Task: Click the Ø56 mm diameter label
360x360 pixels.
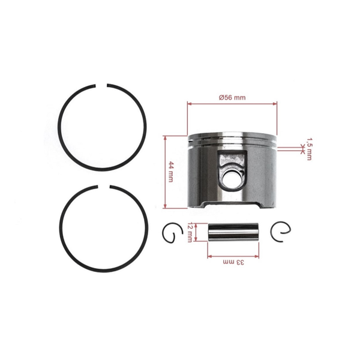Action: coord(232,97)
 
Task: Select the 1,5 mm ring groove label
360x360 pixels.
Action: coord(309,149)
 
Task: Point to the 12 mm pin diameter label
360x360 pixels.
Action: coord(190,232)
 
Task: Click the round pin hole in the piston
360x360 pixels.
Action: coord(232,179)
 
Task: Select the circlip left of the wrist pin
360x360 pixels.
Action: coord(172,233)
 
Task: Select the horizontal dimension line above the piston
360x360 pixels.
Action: coord(233,104)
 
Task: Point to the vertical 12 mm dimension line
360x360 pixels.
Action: coord(196,232)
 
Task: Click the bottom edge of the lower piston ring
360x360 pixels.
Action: coord(103,272)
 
